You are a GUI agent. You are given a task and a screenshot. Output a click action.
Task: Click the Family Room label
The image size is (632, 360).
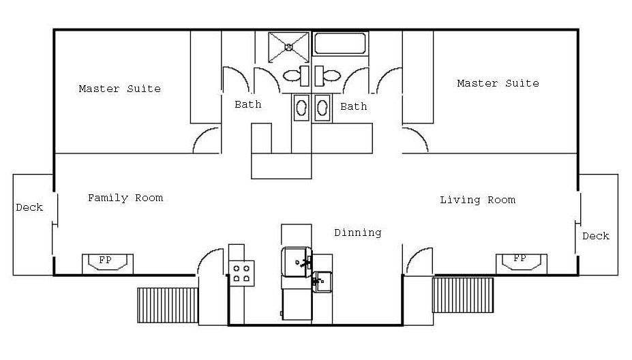pyautogui.click(x=125, y=198)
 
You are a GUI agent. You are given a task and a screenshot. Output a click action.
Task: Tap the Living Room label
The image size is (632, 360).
pyautogui.click(x=477, y=200)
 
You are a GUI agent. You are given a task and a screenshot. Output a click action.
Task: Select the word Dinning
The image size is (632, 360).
pyautogui.click(x=357, y=232)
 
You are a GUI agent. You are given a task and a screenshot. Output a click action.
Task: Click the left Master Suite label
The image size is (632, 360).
pyautogui.click(x=120, y=89)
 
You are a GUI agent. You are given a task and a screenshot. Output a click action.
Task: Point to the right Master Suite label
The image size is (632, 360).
pyautogui.click(x=498, y=83)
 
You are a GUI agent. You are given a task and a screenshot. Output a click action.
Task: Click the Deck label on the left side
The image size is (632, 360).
pyautogui.click(x=29, y=207)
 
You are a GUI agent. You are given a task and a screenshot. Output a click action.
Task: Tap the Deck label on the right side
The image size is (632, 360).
pyautogui.click(x=596, y=236)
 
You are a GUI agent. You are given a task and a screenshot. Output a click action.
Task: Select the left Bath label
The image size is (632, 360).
pyautogui.click(x=248, y=104)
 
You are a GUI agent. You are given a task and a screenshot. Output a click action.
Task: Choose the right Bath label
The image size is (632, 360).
pyautogui.click(x=353, y=106)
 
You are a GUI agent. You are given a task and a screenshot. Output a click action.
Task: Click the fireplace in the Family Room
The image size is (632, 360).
pyautogui.click(x=108, y=264)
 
